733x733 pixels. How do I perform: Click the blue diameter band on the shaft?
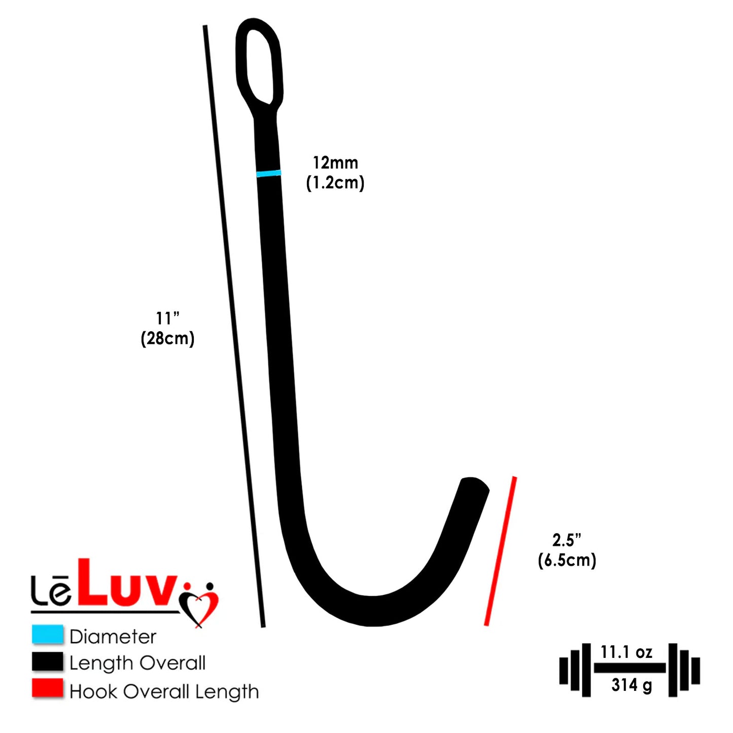pyautogui.click(x=268, y=173)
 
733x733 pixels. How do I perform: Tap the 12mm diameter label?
pyautogui.click(x=335, y=163)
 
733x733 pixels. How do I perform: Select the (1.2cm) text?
pyautogui.click(x=335, y=183)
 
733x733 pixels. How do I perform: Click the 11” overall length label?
pyautogui.click(x=167, y=319)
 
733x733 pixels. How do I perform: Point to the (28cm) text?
pyautogui.click(x=167, y=338)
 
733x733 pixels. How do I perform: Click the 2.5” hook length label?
pyautogui.click(x=567, y=540)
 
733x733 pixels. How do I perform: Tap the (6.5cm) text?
pyautogui.click(x=567, y=560)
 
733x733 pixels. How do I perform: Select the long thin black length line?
pyautogui.click(x=234, y=326)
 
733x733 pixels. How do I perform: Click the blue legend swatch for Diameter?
pyautogui.click(x=48, y=634)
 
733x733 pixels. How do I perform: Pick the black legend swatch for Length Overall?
pyautogui.click(x=48, y=661)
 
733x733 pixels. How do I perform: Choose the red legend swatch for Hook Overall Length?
pyautogui.click(x=48, y=689)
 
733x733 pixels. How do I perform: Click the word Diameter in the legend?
pyautogui.click(x=113, y=637)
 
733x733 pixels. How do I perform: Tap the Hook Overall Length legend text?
pyautogui.click(x=164, y=691)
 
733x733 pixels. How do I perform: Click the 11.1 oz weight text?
pyautogui.click(x=626, y=652)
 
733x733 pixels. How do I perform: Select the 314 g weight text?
pyautogui.click(x=632, y=685)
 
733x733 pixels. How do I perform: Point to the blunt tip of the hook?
pyautogui.click(x=475, y=484)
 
